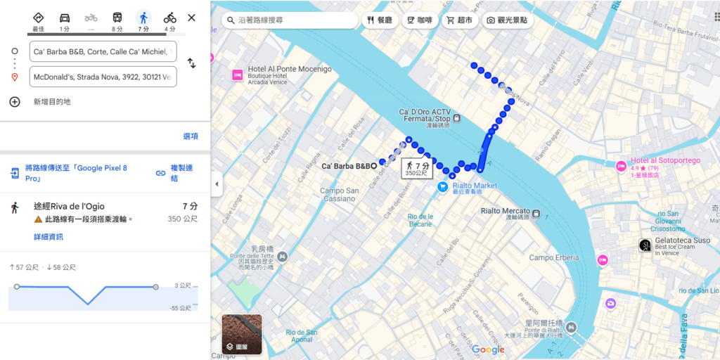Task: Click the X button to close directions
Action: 191,18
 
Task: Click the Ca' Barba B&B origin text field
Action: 103,51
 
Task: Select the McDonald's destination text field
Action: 103,77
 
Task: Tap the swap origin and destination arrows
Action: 191,63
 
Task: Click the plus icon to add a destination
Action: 15,102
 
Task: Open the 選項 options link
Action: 191,136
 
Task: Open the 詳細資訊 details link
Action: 49,237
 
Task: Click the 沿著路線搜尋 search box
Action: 288,20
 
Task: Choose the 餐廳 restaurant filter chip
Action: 380,20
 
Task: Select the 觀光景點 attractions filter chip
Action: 508,20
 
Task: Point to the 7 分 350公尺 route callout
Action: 417,169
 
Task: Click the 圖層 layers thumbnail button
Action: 242,334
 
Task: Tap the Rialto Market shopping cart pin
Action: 442,186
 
